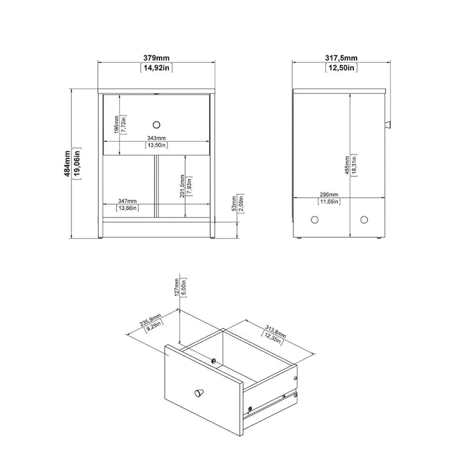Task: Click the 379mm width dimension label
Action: [157, 57]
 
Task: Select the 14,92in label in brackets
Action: [157, 68]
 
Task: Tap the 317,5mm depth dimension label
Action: [341, 57]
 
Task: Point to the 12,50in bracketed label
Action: [341, 68]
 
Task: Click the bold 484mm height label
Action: [67, 164]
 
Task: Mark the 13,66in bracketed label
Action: [128, 208]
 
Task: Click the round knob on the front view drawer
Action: [156, 124]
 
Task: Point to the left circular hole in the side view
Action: [315, 219]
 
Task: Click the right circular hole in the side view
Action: [364, 219]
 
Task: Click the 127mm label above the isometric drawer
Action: [176, 287]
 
